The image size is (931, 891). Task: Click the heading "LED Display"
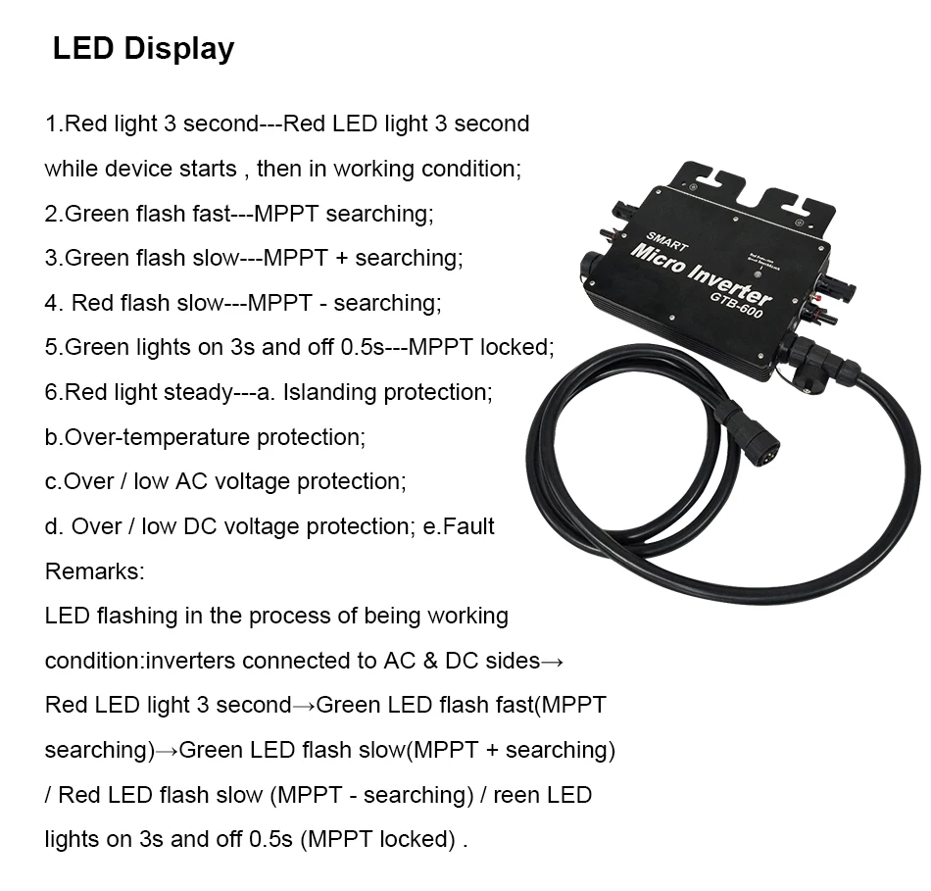tap(143, 49)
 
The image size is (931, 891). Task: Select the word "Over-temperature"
tap(148, 437)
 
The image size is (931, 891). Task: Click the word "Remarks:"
tap(95, 570)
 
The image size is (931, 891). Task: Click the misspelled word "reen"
tap(515, 794)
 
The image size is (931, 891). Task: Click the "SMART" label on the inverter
tap(667, 241)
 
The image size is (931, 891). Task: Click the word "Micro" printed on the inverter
tap(663, 262)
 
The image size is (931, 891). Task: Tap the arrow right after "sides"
tap(553, 661)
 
